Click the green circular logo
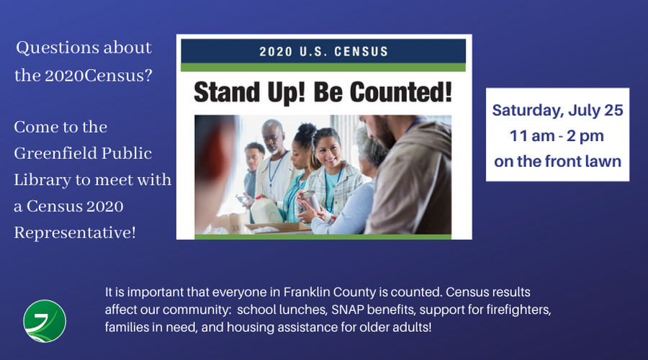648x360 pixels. (x=45, y=321)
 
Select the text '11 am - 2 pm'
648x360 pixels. (x=557, y=135)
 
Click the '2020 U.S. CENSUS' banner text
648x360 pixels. (x=323, y=52)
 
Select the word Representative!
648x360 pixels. (x=75, y=233)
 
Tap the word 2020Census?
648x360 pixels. (x=99, y=76)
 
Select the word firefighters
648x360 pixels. (x=518, y=310)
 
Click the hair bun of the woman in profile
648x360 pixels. (x=307, y=130)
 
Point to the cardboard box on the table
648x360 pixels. (x=278, y=228)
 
